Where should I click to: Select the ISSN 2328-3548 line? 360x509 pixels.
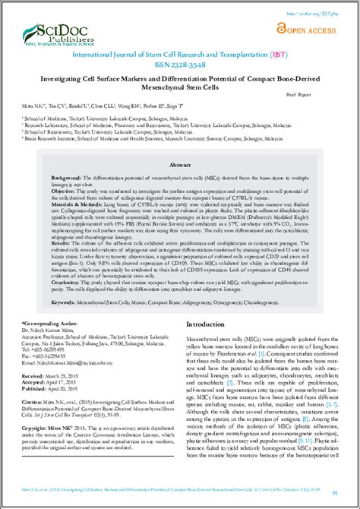[x=179, y=65]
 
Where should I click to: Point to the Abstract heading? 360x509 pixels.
[x=180, y=164]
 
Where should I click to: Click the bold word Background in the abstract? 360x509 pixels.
[x=46, y=175]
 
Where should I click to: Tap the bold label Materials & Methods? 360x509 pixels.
[x=55, y=204]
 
